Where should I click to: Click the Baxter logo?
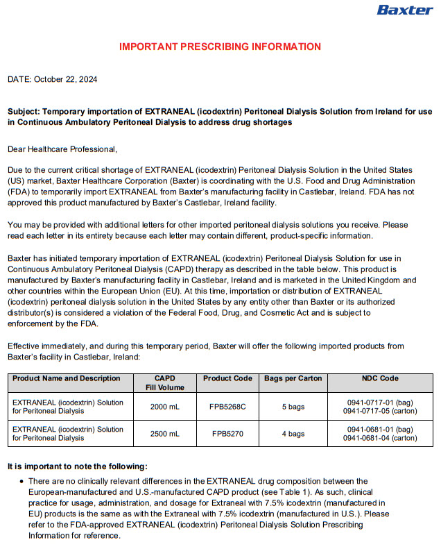(x=404, y=10)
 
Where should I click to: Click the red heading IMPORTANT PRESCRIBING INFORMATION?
(x=220, y=47)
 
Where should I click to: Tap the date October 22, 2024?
(x=52, y=79)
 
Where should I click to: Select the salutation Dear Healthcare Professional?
(x=62, y=149)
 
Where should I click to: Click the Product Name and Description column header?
(x=67, y=378)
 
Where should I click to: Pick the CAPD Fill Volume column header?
(x=165, y=382)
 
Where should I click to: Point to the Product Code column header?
(x=227, y=378)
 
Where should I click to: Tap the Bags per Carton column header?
(x=293, y=378)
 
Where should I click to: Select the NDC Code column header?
(x=380, y=378)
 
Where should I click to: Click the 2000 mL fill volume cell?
(x=165, y=407)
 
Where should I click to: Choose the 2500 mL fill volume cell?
(x=165, y=434)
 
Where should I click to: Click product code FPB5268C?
(x=227, y=407)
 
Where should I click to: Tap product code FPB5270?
(x=227, y=434)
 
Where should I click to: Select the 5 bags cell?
(x=293, y=407)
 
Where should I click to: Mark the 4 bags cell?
(x=293, y=434)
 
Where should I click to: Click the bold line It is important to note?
(x=77, y=466)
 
